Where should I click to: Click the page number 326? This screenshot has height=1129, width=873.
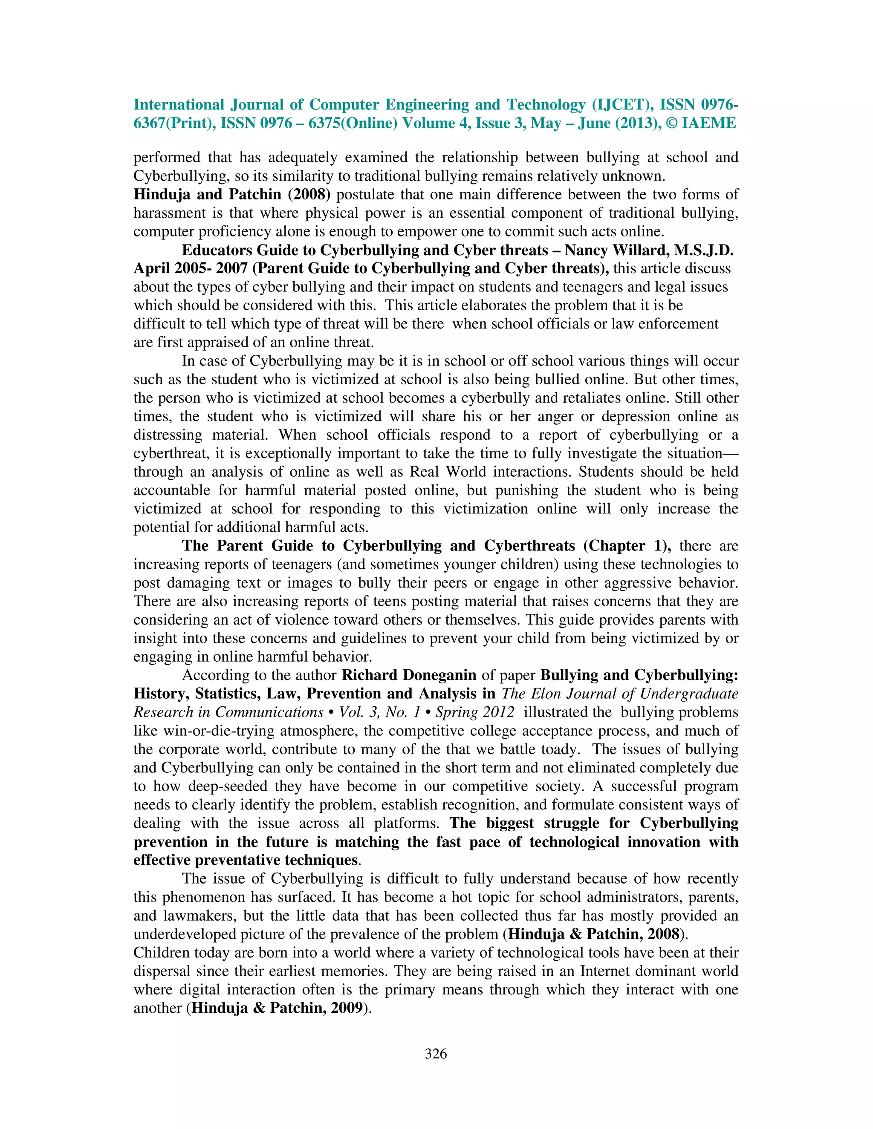[436, 1054]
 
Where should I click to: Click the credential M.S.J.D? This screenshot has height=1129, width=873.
[704, 250]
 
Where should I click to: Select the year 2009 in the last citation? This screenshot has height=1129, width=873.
[346, 1008]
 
